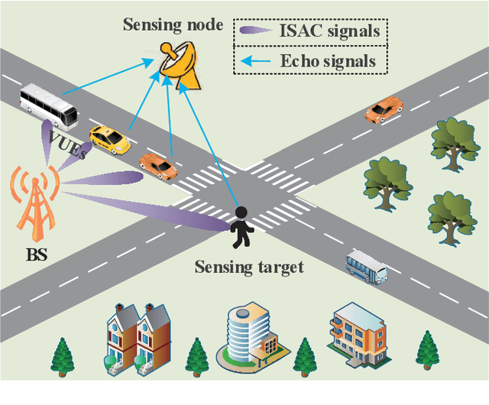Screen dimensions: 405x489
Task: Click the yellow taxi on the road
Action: tap(109, 140)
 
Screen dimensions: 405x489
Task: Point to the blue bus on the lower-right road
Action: tap(367, 264)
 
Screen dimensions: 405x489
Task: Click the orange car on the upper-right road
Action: tap(384, 109)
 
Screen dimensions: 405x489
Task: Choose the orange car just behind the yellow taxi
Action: tap(158, 164)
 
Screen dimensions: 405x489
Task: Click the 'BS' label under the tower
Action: tap(36, 254)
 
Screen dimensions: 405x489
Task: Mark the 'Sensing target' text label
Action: tap(249, 267)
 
